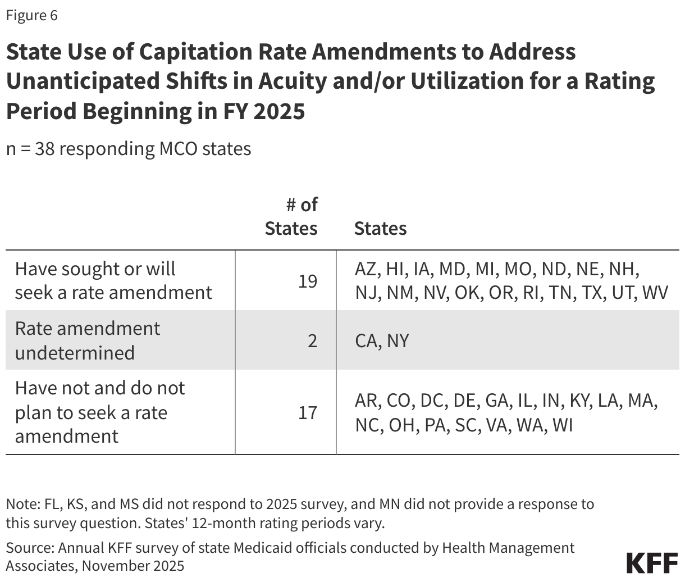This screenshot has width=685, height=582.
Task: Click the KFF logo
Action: point(651,563)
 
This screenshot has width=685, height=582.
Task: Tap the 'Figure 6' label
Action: point(31,15)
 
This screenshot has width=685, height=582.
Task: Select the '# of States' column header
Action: point(291,217)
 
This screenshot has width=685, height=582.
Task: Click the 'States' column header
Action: point(380,229)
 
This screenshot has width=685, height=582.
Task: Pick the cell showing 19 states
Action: point(308,281)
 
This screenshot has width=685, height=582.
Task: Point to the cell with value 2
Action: point(312,340)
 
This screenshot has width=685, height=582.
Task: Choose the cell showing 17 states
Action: point(308,413)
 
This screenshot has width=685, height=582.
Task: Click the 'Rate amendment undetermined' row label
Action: point(88,340)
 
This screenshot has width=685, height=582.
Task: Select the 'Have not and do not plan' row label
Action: point(100,412)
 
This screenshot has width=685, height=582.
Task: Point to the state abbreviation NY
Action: point(398,340)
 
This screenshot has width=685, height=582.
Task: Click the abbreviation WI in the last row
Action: point(562,425)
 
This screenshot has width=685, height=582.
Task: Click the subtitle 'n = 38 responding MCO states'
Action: point(129,149)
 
